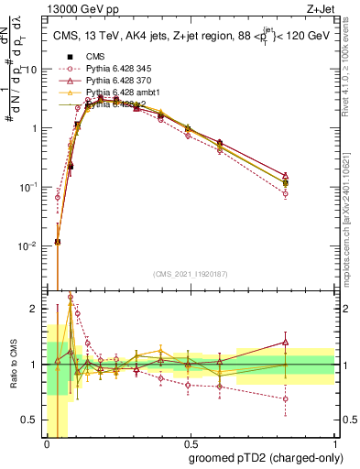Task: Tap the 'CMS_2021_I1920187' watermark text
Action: click(x=191, y=274)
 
